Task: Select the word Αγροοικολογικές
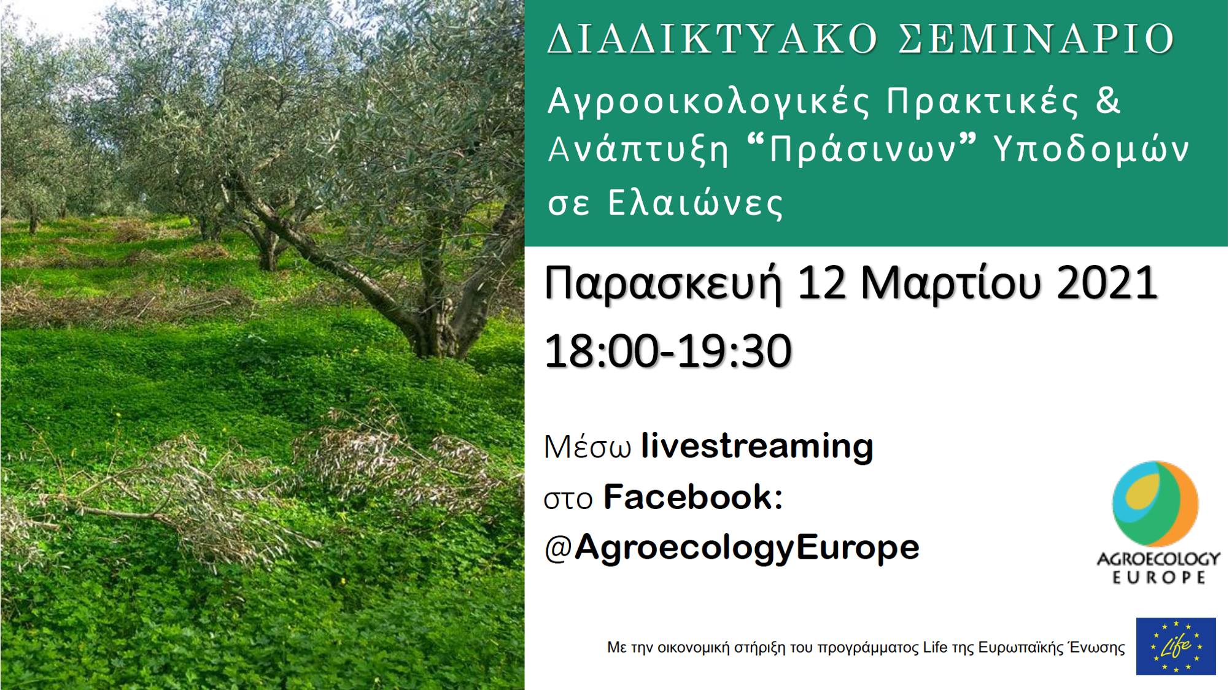708,102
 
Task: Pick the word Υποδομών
1091,150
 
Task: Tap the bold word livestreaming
757,447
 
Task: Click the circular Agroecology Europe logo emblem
1155,504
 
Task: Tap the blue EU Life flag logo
1176,646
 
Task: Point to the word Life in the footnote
935,648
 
